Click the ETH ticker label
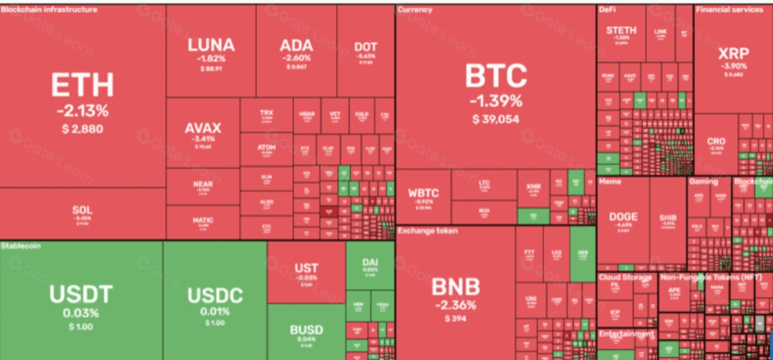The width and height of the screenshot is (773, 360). tap(82, 85)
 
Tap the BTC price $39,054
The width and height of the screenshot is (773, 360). tap(495, 119)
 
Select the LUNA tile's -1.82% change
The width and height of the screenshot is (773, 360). tap(211, 59)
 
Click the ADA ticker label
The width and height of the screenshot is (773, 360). tap(296, 44)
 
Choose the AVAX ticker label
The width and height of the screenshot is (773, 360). tap(203, 128)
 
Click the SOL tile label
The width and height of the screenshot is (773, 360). tap(82, 210)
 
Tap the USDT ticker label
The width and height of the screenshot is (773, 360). tap(81, 293)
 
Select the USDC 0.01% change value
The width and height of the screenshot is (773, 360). tap(215, 312)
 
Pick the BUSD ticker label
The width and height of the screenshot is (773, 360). tap(306, 330)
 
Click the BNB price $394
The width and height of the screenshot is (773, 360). tap(455, 319)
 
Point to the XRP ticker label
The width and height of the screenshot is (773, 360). tap(732, 54)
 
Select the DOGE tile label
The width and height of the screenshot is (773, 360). tap(623, 217)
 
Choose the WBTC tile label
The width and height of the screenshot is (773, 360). tap(423, 193)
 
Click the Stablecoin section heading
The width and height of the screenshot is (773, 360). tap(21, 245)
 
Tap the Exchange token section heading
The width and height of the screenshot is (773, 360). tap(427, 230)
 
